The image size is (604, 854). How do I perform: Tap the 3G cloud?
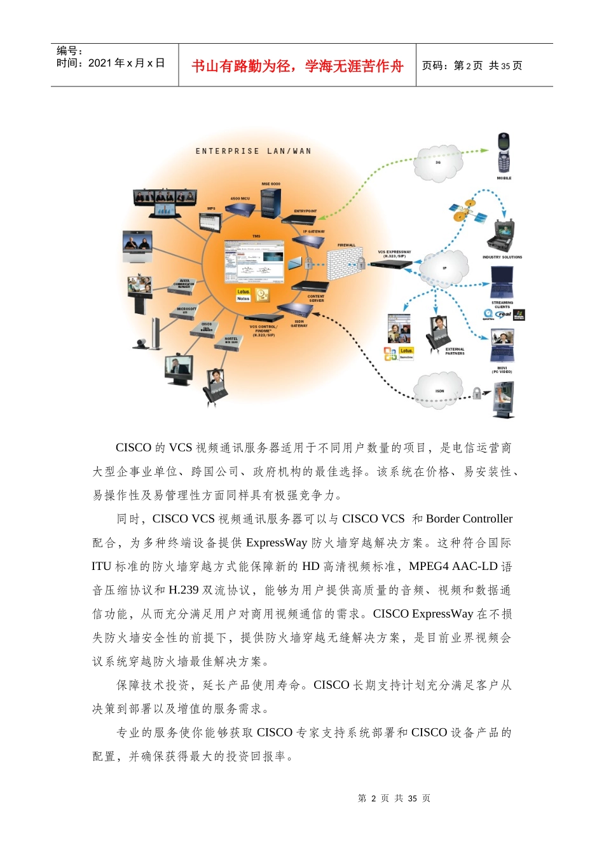438,163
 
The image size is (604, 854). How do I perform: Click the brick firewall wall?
343,264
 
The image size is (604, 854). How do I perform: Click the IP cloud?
444,269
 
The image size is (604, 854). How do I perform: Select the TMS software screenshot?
254,261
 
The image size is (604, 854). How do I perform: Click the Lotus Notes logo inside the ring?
244,295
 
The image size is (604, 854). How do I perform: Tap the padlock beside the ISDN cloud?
477,393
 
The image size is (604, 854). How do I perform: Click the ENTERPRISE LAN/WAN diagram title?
253,151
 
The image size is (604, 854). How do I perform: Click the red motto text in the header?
298,66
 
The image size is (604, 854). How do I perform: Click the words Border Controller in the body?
469,518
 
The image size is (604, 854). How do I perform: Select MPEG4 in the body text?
429,566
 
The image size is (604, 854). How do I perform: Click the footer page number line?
394,798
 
